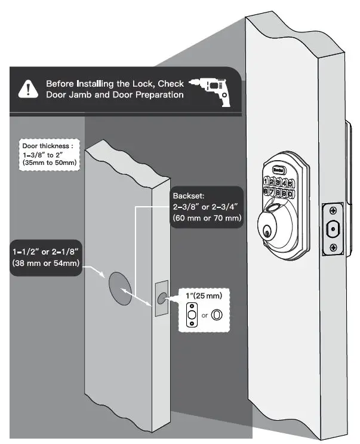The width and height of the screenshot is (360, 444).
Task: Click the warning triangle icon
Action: coord(27,89)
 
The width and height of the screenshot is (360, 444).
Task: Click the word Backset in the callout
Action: coord(188,196)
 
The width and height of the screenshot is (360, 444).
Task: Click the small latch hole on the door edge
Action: coord(162,298)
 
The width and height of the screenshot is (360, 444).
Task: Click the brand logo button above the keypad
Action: coord(278,170)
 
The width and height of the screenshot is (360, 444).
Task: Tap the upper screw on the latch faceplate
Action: coord(333,211)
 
